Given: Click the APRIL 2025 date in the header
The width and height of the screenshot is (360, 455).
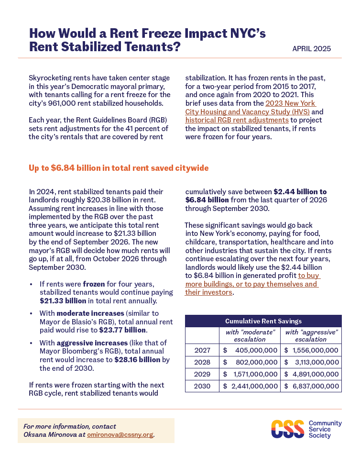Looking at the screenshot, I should (x=311, y=49).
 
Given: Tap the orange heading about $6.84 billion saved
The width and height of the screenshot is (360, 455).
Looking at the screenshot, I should (x=119, y=168).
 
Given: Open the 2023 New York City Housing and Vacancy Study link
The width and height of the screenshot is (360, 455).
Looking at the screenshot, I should (x=291, y=103).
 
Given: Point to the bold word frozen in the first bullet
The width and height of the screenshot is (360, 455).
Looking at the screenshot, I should (x=93, y=284).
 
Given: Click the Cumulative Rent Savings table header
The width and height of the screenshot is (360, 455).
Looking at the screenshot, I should (x=263, y=321).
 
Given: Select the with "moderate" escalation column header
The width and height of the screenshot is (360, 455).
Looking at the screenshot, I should (x=250, y=335).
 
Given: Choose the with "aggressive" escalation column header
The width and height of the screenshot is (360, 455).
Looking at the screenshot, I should (x=311, y=335).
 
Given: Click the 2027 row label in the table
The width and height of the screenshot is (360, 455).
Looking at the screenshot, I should (x=202, y=350).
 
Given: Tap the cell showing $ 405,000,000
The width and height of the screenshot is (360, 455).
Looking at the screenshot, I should (x=250, y=350).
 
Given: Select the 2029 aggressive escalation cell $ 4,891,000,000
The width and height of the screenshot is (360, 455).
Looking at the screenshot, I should (x=311, y=374).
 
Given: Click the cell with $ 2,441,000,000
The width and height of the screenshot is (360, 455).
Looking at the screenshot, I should (x=250, y=386).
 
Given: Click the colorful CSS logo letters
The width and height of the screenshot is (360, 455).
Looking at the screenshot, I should (x=287, y=430).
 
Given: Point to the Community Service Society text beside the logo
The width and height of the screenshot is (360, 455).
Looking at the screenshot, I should (x=325, y=430).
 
